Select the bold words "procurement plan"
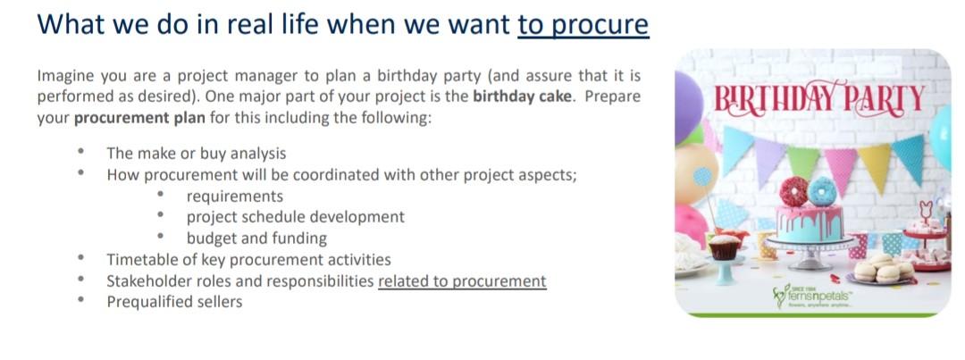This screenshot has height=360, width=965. (x=139, y=118)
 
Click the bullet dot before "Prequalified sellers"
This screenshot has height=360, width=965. (x=81, y=300)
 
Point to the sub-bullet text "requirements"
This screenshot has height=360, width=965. (x=235, y=197)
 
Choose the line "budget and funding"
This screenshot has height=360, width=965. (x=256, y=239)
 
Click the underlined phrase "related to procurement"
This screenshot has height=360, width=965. (x=462, y=281)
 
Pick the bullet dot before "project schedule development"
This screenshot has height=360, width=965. (x=161, y=216)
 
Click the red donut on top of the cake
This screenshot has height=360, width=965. (x=793, y=192)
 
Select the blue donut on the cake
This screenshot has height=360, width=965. (x=822, y=191)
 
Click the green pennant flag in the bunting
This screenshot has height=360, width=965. (x=803, y=161)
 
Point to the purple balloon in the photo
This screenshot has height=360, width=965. (x=687, y=107)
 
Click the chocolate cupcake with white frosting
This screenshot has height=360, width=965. (x=724, y=247)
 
